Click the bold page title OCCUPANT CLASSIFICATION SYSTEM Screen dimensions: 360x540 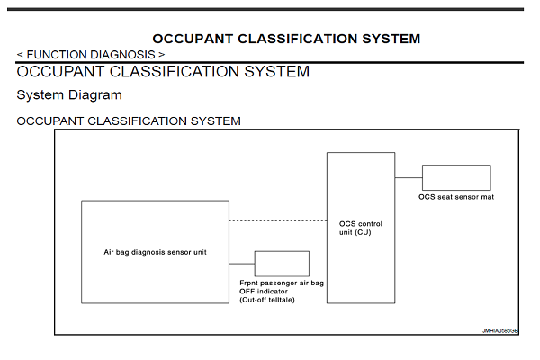pos(286,39)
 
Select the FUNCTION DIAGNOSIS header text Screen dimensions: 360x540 pos(90,54)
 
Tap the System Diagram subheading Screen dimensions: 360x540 pos(69,94)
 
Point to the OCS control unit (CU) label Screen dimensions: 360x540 pos(360,228)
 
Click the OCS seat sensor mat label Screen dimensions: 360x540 pos(456,196)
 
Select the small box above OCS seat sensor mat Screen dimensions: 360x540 pos(456,177)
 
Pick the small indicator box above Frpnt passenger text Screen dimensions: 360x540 pos(282,263)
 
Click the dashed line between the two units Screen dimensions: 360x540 pos(277,220)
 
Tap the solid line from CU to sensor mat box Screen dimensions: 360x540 pos(409,177)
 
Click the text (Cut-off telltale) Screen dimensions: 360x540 pos(266,299)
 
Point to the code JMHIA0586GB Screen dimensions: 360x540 pos(499,330)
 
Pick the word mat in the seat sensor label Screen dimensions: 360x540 pos(487,196)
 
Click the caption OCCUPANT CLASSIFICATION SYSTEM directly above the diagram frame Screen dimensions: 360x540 pos(129,121)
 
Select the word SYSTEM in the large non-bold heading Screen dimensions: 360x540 pos(270,72)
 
